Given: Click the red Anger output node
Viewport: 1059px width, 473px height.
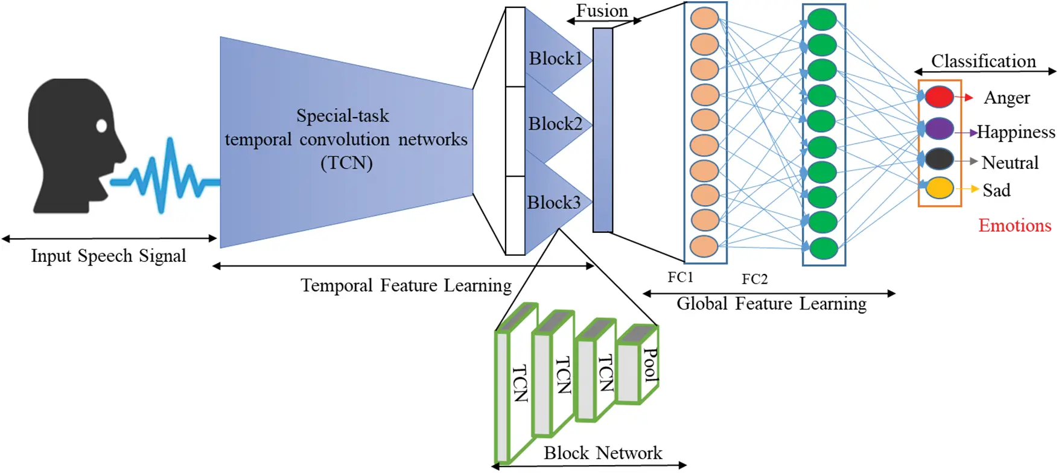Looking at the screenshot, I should pyautogui.click(x=939, y=97).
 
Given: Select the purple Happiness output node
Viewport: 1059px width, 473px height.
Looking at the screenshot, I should pyautogui.click(x=939, y=129).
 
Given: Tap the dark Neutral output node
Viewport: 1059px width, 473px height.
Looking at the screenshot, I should pyautogui.click(x=939, y=159).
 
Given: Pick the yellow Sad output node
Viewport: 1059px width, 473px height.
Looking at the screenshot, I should pyautogui.click(x=939, y=188).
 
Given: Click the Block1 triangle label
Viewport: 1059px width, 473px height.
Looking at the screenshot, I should pyautogui.click(x=555, y=59).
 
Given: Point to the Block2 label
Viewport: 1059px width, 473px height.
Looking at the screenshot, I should pyautogui.click(x=555, y=124).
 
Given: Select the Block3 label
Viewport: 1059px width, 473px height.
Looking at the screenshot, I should pyautogui.click(x=553, y=202).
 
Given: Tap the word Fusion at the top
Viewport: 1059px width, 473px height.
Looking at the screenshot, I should pyautogui.click(x=602, y=11).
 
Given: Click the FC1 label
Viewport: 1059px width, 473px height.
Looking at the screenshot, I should pyautogui.click(x=680, y=277).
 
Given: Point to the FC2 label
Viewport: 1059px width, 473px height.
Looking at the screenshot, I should pyautogui.click(x=754, y=279).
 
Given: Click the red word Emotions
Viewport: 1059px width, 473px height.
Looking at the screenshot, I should pyautogui.click(x=1014, y=226).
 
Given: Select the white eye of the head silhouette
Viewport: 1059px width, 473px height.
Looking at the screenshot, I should pyautogui.click(x=101, y=125).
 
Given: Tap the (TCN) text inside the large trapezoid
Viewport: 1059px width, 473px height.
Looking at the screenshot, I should pyautogui.click(x=346, y=163).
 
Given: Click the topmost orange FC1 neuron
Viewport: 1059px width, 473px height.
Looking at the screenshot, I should pyautogui.click(x=704, y=18).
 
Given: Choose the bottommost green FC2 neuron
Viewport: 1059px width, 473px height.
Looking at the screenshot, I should pyautogui.click(x=822, y=248).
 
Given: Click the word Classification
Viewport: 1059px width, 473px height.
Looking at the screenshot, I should pyautogui.click(x=983, y=61).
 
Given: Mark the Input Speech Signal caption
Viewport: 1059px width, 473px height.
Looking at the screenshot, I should pyautogui.click(x=109, y=256).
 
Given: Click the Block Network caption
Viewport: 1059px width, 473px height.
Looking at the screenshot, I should pyautogui.click(x=602, y=453).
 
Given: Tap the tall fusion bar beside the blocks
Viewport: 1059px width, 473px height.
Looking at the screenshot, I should pyautogui.click(x=602, y=130).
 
